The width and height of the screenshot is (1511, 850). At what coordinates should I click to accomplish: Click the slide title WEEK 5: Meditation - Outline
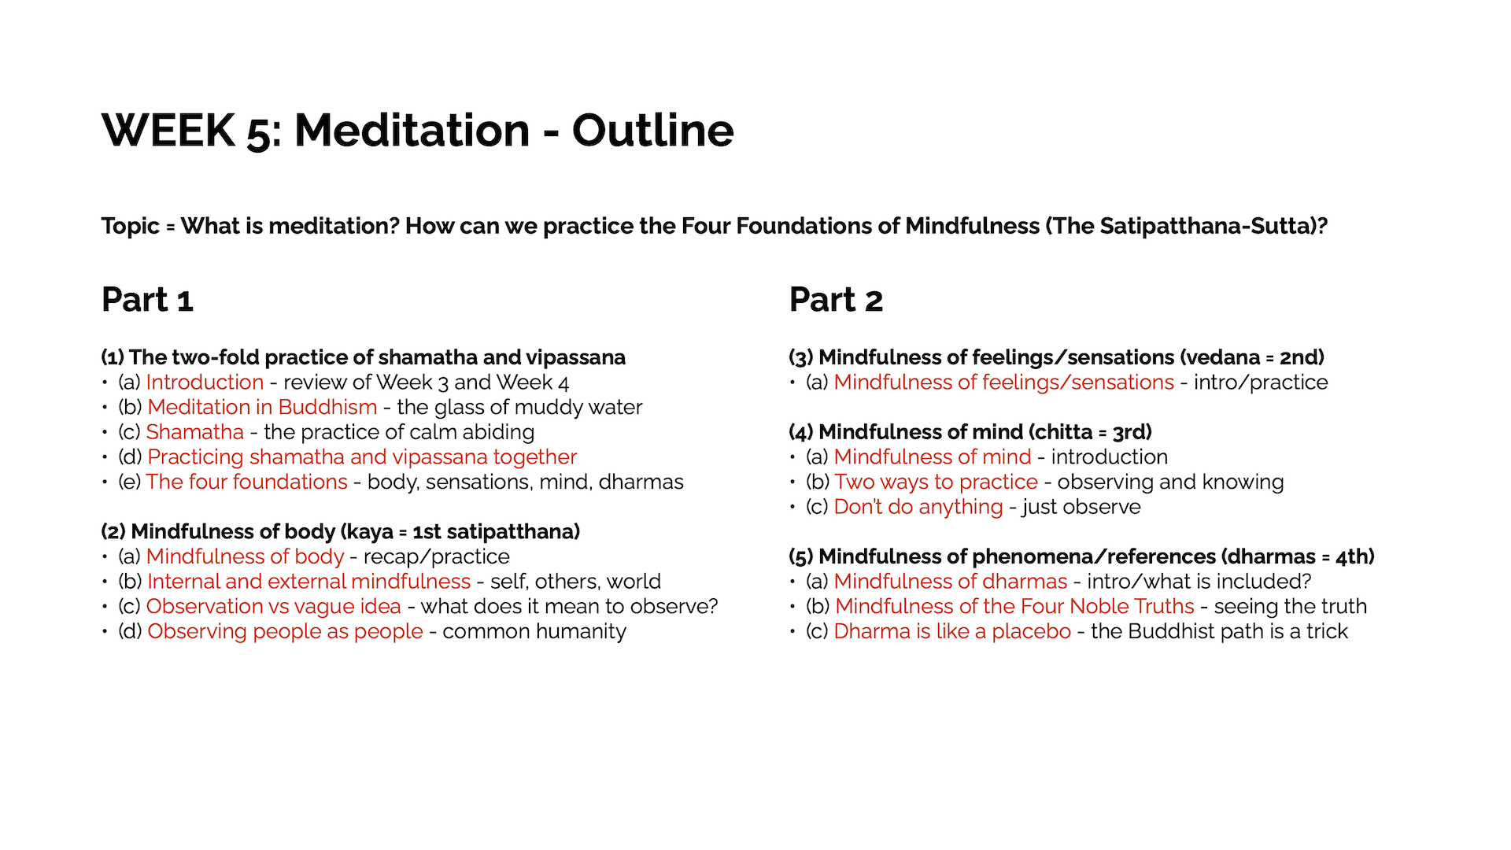coord(417,130)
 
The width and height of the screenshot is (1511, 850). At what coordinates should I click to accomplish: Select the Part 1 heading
coord(147,300)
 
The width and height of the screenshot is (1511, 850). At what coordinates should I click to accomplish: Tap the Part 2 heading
coord(836,300)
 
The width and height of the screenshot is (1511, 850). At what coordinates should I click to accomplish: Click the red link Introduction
coord(205,382)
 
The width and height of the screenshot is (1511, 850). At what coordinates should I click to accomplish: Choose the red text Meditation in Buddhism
coord(262,408)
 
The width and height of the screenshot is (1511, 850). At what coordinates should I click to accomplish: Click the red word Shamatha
coord(195,432)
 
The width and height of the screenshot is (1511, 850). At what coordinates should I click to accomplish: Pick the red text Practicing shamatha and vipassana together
coord(362,457)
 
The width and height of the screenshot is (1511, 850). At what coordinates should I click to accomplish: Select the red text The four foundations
coord(247,482)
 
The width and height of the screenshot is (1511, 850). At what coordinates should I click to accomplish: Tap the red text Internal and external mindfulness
coord(309,582)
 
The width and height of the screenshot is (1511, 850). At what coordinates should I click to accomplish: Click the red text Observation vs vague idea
coord(274,607)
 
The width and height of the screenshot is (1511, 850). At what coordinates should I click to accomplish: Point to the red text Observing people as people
coord(285,632)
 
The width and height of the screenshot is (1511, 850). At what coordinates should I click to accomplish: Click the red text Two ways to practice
coord(937,482)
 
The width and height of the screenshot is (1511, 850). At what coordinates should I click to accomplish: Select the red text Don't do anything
coord(918,507)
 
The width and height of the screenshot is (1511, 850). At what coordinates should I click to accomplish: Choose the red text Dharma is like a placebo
coord(952,632)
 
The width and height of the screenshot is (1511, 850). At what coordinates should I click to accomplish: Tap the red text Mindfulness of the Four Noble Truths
coord(1014,607)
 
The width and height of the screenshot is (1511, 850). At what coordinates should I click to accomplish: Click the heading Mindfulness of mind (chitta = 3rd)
coord(970,432)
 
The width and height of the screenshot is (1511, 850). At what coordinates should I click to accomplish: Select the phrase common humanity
coord(534,632)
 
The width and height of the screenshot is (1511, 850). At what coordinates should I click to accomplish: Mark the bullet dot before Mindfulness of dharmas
coord(793,582)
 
